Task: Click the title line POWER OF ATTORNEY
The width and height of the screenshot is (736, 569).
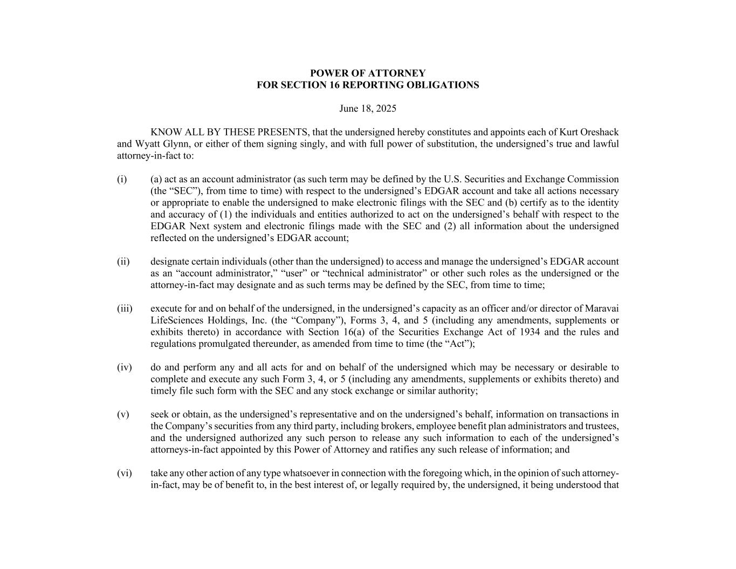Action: [x=368, y=73]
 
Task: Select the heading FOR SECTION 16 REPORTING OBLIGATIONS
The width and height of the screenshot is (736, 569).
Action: [x=368, y=85]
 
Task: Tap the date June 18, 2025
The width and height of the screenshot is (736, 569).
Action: [x=368, y=109]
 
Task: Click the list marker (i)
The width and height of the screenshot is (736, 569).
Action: [x=122, y=180]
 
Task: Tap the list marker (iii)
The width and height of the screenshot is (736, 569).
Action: [x=124, y=309]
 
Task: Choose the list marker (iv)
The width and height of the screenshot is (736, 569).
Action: [x=124, y=368]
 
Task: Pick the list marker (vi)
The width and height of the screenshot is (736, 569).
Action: [x=124, y=474]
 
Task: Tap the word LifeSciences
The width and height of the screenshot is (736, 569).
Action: [x=179, y=320]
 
